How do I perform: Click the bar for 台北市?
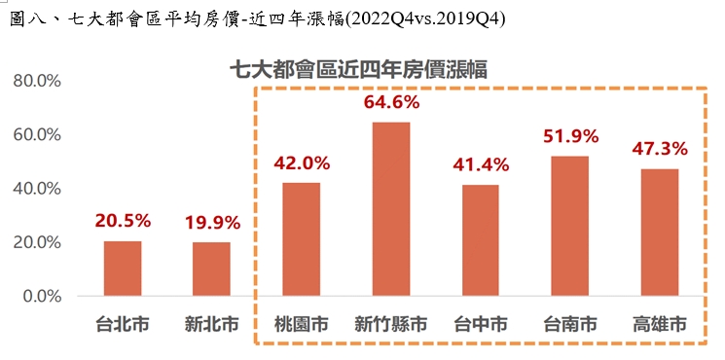pos(123,269)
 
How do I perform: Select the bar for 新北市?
pos(211,270)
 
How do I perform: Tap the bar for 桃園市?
pos(301,239)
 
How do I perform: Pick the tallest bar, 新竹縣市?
pos(391,209)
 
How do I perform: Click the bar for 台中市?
pos(480,240)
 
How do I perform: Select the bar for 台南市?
pos(569,226)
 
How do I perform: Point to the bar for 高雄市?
pos(659,233)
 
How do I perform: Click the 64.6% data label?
pos(391,102)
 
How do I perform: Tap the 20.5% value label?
pos(123,222)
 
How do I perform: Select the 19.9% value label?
pos(212,223)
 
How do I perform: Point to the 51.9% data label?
pos(569,136)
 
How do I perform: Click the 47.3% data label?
pos(659,149)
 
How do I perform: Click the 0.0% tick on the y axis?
pos(42,296)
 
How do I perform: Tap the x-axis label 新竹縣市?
pos(391,325)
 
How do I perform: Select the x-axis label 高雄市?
pos(659,325)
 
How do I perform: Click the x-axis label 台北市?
pos(123,325)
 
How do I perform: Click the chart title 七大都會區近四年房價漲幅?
pos(357,68)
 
